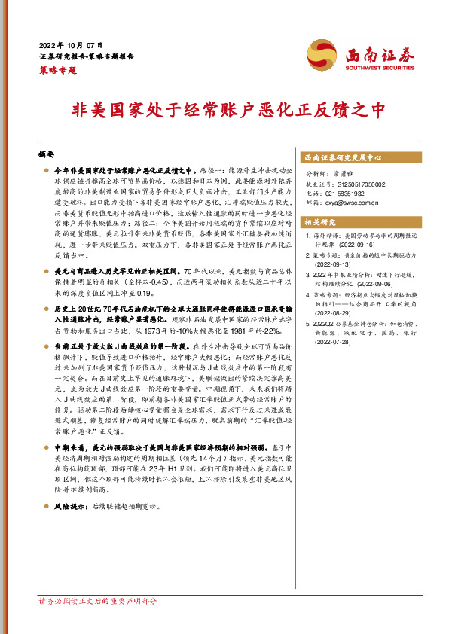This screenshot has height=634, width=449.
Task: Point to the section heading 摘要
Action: (47, 154)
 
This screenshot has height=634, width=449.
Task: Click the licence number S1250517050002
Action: (356, 184)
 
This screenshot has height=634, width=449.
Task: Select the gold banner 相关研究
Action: (319, 222)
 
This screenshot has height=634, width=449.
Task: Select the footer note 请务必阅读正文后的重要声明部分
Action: (98, 622)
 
